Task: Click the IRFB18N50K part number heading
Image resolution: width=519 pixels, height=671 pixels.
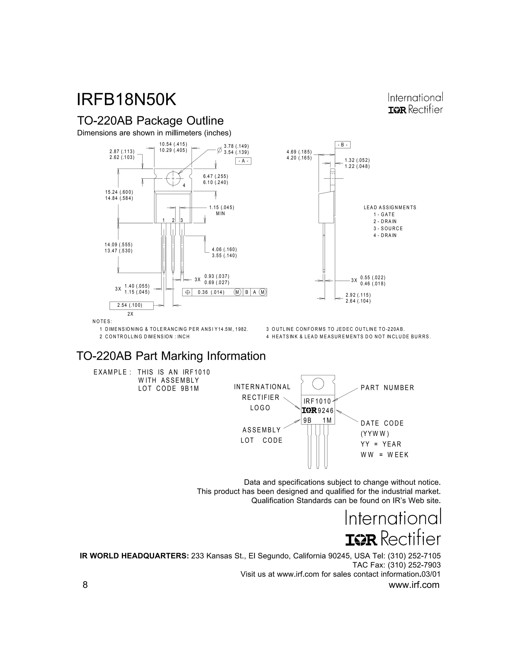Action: tap(126, 100)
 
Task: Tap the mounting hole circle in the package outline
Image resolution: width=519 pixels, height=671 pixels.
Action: tap(173, 179)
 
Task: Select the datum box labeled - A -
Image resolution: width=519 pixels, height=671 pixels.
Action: tap(243, 161)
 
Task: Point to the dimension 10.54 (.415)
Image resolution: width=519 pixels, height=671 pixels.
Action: tap(173, 144)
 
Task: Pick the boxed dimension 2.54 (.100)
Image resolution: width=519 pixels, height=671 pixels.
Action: tap(131, 305)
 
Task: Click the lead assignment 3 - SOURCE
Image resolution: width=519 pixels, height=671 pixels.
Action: tap(388, 228)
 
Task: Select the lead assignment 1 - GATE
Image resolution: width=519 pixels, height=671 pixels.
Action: tap(384, 214)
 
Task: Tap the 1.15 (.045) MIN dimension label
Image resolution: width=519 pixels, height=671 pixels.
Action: tap(222, 210)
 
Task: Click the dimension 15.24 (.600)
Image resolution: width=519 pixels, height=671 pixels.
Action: tap(119, 192)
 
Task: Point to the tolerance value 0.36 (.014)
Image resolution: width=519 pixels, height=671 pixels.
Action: tap(211, 292)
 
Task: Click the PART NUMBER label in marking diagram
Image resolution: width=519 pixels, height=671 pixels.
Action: tap(387, 388)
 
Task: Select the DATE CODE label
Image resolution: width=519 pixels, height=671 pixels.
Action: tap(382, 423)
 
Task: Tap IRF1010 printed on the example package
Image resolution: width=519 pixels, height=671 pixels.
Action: tap(317, 401)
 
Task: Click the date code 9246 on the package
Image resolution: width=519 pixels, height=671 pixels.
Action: tap(326, 411)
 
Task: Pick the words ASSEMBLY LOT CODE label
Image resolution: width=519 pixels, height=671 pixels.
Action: tap(262, 435)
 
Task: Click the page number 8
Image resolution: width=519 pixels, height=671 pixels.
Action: tap(85, 585)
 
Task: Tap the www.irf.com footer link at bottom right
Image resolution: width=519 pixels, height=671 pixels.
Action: tap(414, 585)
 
